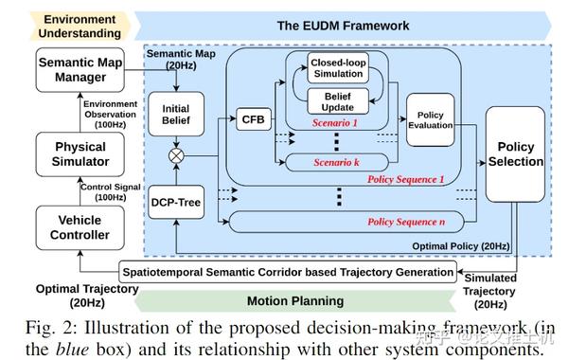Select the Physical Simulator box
point(80,154)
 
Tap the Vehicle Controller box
point(80,227)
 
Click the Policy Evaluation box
point(431,120)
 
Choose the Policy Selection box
point(516,153)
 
